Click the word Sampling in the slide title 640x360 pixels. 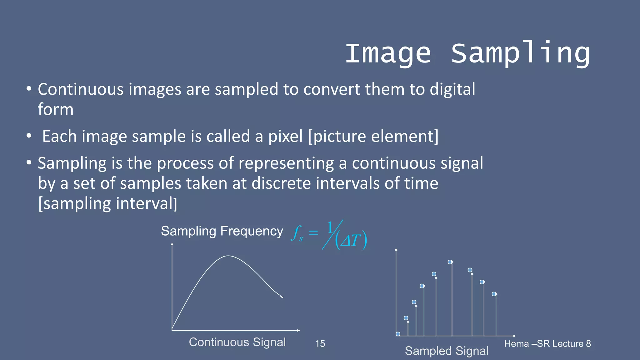(x=520, y=54)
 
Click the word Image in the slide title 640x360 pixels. (x=388, y=54)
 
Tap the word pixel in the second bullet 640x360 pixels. (x=285, y=137)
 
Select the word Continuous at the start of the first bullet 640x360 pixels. (x=81, y=89)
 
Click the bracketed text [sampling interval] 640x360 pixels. (x=107, y=204)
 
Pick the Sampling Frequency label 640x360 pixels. (x=222, y=231)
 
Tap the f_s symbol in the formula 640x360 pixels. (x=297, y=233)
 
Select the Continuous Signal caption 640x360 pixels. (x=237, y=342)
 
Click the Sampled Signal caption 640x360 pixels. (x=447, y=351)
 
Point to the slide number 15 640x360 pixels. (x=320, y=344)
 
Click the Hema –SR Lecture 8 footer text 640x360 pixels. (x=547, y=344)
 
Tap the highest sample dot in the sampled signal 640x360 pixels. (x=450, y=262)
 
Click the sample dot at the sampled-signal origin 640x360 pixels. (x=398, y=334)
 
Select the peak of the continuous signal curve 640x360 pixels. (x=228, y=256)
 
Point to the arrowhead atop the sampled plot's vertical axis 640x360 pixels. (x=396, y=250)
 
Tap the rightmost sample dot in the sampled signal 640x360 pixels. (x=494, y=294)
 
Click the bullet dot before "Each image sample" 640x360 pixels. (x=29, y=136)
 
